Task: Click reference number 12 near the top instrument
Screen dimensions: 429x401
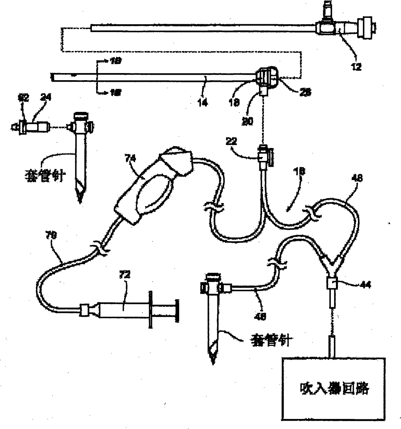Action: (x=356, y=67)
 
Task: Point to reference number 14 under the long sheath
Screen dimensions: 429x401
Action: (x=203, y=102)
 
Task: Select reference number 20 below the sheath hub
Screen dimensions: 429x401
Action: (x=247, y=121)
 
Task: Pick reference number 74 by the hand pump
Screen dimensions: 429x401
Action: (x=131, y=158)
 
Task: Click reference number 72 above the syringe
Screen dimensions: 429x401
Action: (x=125, y=275)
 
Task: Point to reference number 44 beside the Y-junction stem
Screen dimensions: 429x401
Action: (x=365, y=285)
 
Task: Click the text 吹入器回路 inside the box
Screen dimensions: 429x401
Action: (x=334, y=388)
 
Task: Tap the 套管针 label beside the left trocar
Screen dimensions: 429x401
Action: (x=45, y=176)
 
